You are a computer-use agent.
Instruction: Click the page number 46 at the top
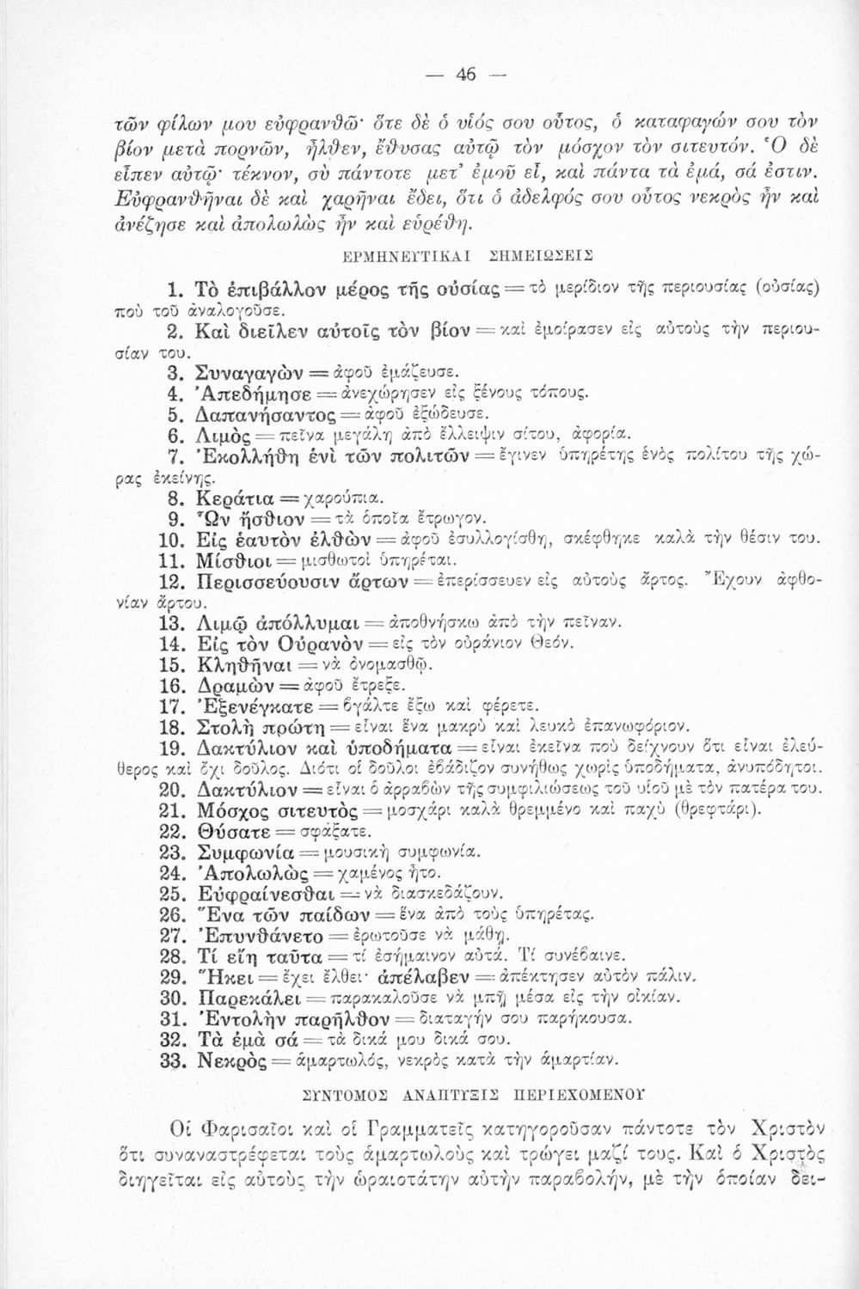click(x=465, y=73)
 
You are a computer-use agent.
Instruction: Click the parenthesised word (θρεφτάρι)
click(x=714, y=810)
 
